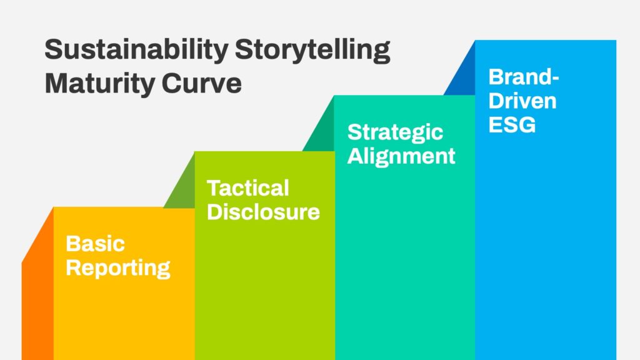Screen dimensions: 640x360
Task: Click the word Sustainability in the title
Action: (136, 51)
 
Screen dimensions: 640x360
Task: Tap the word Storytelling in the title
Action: (312, 51)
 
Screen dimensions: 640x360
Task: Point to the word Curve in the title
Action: (202, 83)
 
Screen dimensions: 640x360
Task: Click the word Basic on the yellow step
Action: (95, 244)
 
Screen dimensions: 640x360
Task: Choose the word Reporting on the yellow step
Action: (118, 268)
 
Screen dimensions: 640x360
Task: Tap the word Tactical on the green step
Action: (247, 188)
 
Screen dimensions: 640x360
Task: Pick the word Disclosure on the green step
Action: (263, 212)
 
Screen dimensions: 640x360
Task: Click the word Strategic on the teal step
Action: (395, 132)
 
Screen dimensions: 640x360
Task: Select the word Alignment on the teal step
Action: (401, 156)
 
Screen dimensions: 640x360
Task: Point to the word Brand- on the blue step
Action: (524, 77)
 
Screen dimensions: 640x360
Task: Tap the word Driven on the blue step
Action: (522, 101)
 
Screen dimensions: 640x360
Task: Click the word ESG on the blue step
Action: (512, 125)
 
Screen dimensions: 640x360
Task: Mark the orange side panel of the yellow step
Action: (37, 294)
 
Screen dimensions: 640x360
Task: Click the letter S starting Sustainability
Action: (54, 49)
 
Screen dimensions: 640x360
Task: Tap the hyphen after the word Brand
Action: (554, 78)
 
